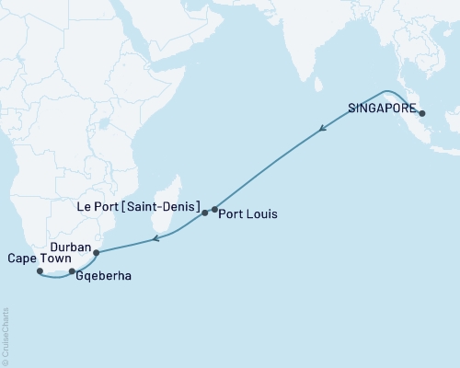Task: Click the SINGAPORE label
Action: [x=380, y=106]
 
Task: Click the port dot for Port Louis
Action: [x=214, y=209]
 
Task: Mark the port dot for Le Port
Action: [x=204, y=213]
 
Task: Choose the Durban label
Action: [x=71, y=248]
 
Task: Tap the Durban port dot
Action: [x=96, y=251]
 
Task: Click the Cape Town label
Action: [x=30, y=259]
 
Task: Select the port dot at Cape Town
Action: [x=40, y=271]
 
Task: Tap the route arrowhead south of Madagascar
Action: [x=156, y=239]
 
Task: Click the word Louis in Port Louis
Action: [x=262, y=213]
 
